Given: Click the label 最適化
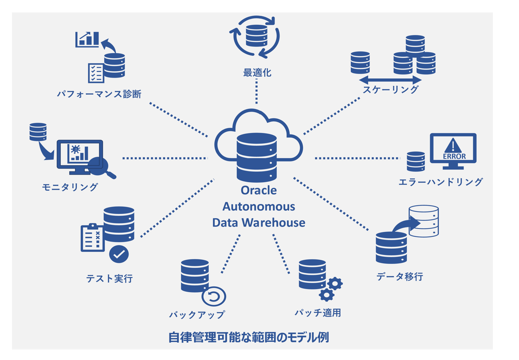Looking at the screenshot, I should pos(257,72).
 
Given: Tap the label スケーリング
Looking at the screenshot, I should pos(390,89).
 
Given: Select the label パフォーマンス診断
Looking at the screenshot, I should pos(99,94).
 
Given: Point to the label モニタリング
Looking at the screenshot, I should pos(70,187).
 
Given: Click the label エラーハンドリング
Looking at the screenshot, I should pos(440,182).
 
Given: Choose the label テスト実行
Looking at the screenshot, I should pos(109,279).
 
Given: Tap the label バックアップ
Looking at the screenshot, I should pos(197,315).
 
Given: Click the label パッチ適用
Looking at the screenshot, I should pos(318,313).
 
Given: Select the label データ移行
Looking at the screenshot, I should pos(400,277).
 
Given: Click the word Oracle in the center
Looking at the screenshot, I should pos(259,191).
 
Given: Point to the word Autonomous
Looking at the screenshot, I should pos(259,206).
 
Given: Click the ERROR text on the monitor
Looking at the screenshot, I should pos(454,156).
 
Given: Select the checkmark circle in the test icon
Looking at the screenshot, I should pos(118,254).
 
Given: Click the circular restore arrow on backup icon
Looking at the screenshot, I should pos(214,297).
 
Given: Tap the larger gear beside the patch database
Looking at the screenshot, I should pos(336,283).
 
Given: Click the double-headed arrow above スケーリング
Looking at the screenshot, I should pos(390,80).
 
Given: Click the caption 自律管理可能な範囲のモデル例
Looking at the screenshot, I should pos(249,337).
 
